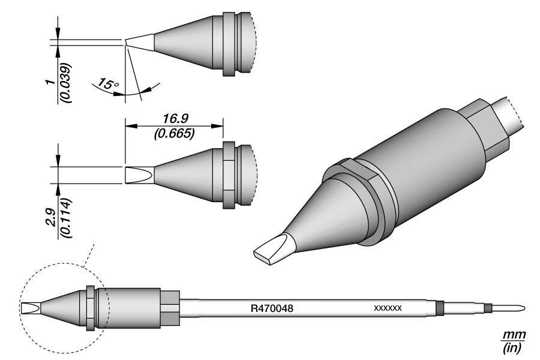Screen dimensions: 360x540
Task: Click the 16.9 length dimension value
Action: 173,119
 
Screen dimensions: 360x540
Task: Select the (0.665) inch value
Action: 173,134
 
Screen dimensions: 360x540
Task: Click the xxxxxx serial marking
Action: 388,309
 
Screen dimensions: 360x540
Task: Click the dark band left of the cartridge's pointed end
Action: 488,308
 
